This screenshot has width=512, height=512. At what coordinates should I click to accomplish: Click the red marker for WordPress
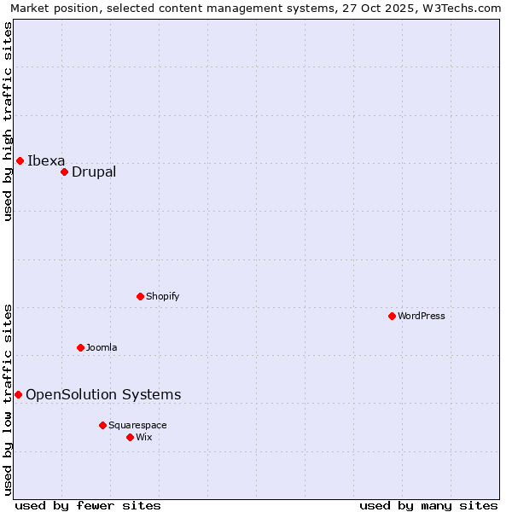point(392,316)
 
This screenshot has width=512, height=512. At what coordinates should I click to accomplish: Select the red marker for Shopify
point(140,296)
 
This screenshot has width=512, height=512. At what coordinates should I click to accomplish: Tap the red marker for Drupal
point(64,172)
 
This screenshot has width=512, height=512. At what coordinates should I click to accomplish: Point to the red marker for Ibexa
point(20,160)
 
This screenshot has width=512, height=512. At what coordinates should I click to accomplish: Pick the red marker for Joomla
point(80,347)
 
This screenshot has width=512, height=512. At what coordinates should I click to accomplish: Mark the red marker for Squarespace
point(102,425)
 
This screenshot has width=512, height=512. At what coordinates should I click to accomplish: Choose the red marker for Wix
point(130,437)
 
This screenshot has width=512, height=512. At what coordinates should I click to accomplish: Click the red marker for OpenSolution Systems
point(18,394)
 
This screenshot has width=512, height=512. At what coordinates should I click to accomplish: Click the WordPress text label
point(422,316)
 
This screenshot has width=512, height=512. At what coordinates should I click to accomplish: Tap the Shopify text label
point(163,296)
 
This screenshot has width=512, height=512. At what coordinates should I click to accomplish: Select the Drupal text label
point(94,172)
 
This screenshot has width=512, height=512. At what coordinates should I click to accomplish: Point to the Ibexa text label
point(46,160)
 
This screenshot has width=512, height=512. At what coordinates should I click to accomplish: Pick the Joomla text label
point(102,347)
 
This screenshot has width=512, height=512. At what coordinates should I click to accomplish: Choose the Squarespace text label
point(137,425)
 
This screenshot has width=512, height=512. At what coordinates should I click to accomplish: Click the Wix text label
point(144,437)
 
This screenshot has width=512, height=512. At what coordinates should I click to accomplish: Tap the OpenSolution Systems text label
point(103,394)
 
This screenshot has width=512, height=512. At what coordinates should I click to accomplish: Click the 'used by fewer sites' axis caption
point(88,505)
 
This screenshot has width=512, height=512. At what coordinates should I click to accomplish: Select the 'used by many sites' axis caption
point(428,505)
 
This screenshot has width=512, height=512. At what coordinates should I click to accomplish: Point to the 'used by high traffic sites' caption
point(8,122)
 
